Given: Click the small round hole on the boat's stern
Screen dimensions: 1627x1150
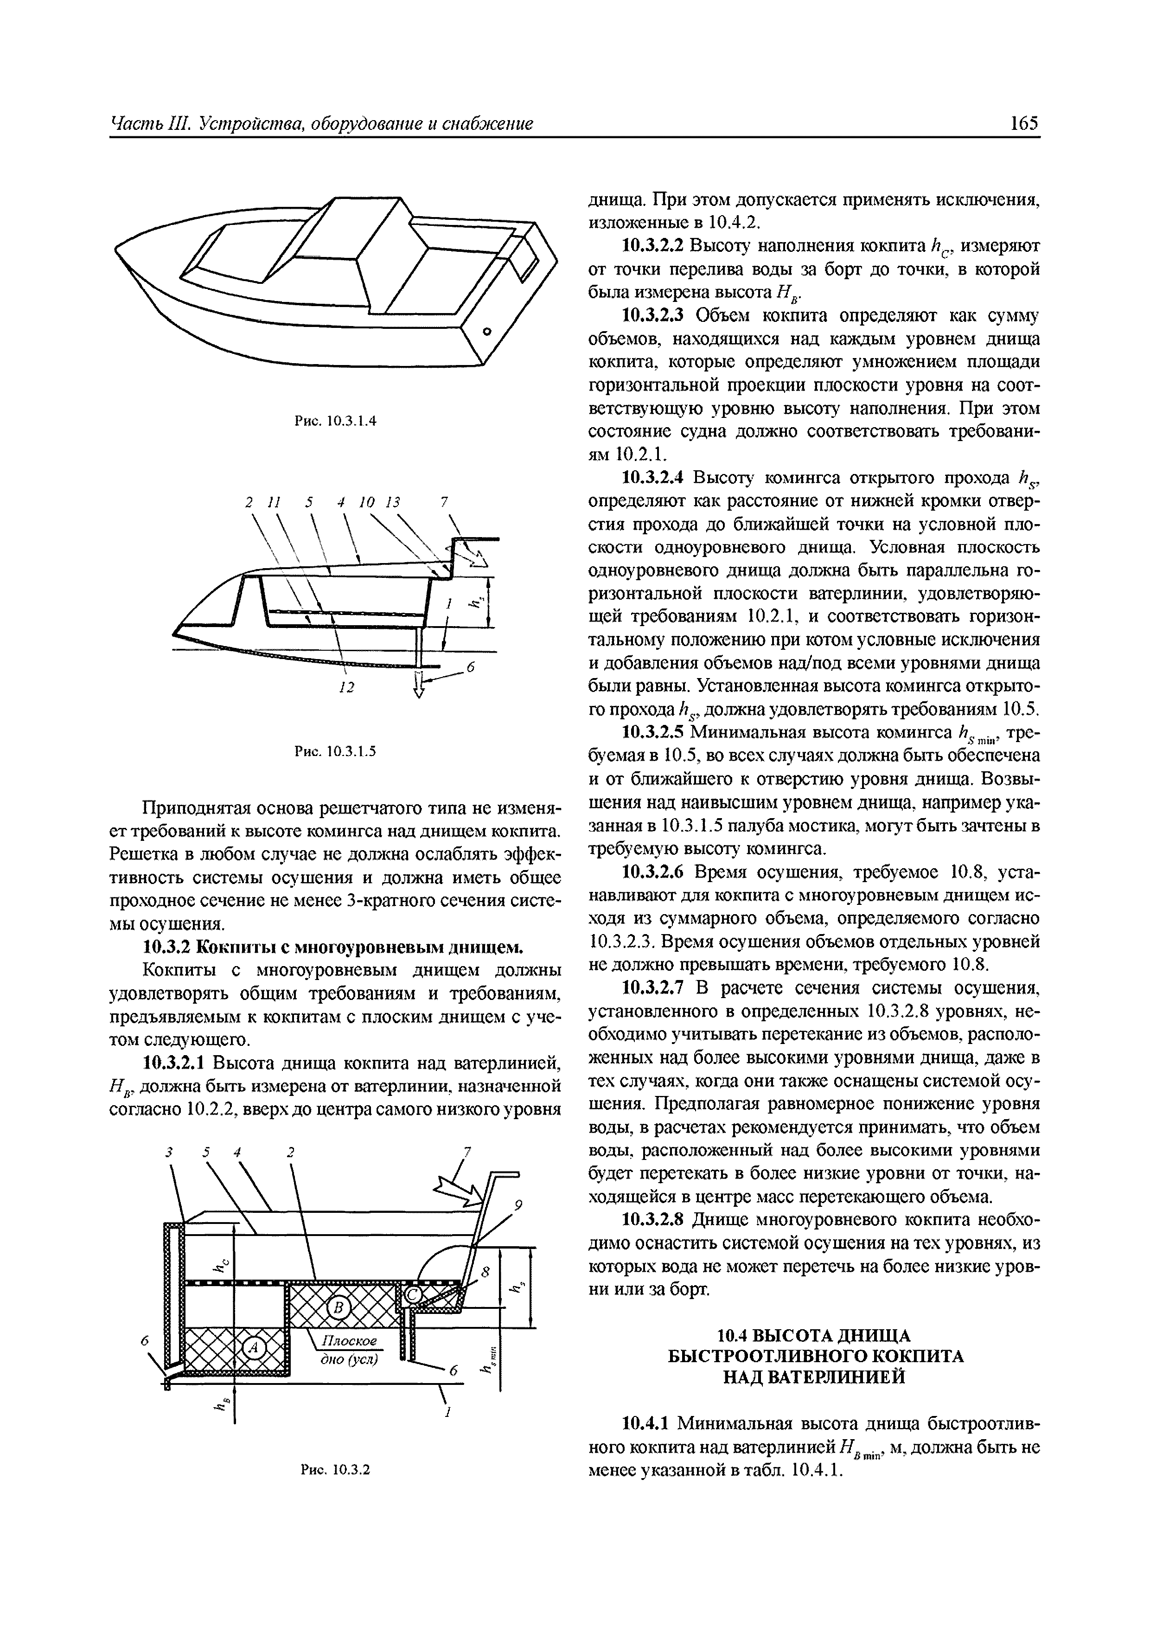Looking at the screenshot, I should tap(487, 332).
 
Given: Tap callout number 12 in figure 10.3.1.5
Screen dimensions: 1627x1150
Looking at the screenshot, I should tap(346, 687).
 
